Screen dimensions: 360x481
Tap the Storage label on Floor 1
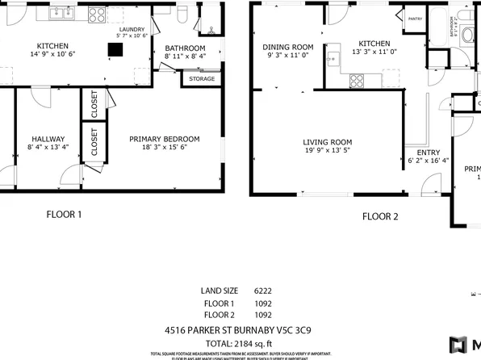(x=202, y=79)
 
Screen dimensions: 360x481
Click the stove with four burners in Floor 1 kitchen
(x=96, y=14)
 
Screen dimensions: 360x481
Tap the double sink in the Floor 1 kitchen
(x=59, y=13)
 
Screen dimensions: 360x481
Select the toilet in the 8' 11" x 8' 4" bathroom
(x=183, y=15)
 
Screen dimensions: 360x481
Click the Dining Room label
(x=289, y=47)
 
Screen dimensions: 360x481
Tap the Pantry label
(x=416, y=19)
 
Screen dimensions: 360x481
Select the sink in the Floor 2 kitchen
(x=333, y=59)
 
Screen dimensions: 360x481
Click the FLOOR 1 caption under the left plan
(x=64, y=215)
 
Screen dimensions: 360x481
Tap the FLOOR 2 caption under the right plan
(x=379, y=216)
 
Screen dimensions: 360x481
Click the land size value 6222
(x=263, y=291)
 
